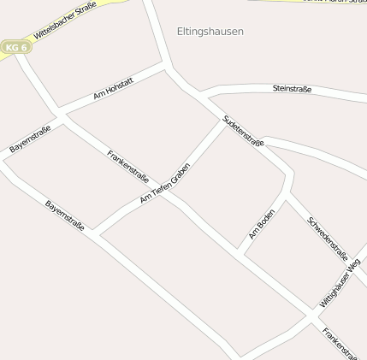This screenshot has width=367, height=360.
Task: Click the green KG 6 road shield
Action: tap(15, 47)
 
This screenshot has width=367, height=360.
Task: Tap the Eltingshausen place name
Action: tap(210, 32)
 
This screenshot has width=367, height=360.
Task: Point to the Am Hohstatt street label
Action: tap(113, 89)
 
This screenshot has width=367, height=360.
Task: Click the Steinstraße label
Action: tap(292, 88)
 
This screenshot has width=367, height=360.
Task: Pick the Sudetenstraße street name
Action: tap(243, 131)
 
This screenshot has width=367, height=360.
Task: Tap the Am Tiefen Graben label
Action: tap(165, 182)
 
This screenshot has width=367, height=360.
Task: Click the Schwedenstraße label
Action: tap(327, 238)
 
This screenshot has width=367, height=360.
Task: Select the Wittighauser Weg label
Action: tap(340, 284)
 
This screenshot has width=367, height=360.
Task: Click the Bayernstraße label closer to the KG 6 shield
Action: tap(30, 139)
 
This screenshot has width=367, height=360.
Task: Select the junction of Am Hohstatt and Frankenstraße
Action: tap(60, 115)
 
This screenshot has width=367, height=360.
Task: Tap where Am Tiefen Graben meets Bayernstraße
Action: tap(93, 234)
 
